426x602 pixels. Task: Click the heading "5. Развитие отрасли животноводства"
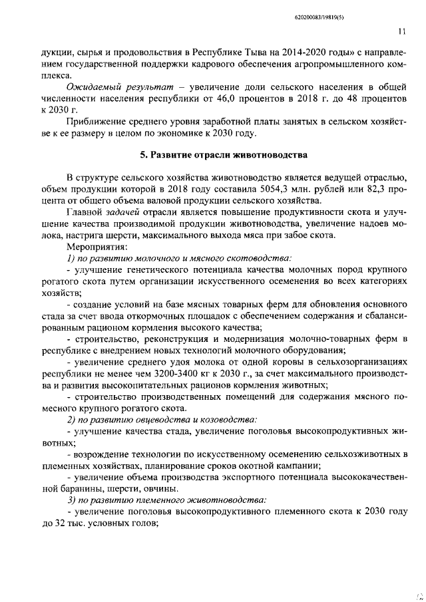pos(224,156)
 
